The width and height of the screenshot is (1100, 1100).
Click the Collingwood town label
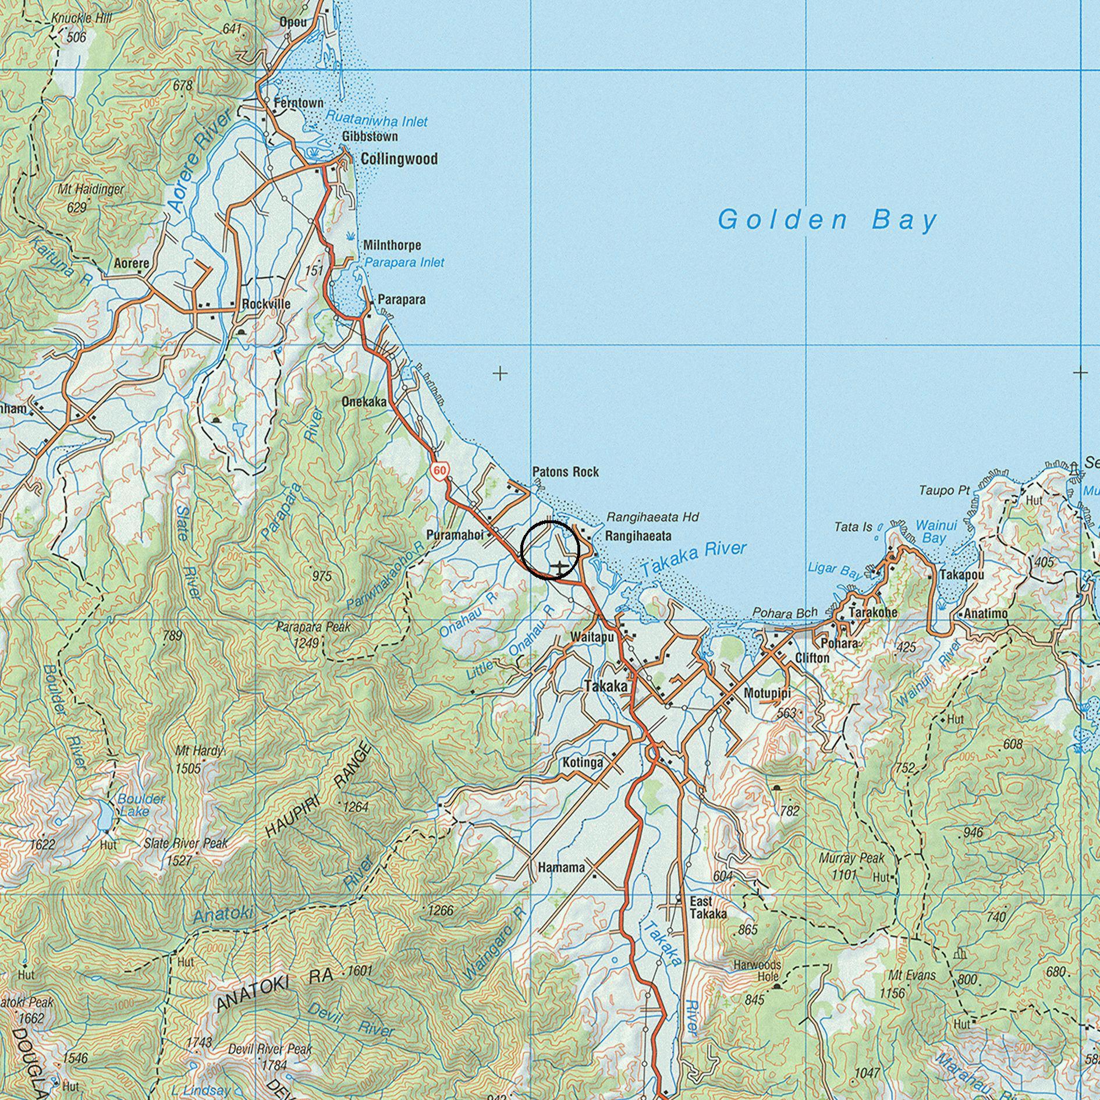point(399,159)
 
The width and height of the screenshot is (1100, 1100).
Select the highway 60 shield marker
point(441,470)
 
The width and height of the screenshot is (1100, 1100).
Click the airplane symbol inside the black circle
point(559,566)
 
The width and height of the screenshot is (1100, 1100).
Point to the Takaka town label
point(606,687)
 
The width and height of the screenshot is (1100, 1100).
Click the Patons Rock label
point(565,472)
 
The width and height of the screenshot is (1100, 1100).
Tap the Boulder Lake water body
point(104,815)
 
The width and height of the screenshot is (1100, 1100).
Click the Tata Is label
point(853,527)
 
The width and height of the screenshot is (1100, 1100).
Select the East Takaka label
point(708,907)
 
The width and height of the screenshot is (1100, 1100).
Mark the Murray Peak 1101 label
point(851,866)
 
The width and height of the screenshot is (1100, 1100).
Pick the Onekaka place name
point(364,402)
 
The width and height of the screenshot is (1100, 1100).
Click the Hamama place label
point(561,868)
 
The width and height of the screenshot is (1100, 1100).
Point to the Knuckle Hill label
point(81,18)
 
